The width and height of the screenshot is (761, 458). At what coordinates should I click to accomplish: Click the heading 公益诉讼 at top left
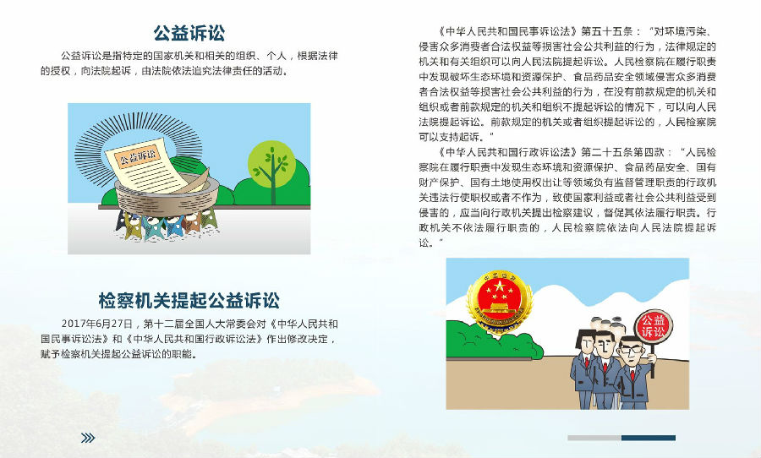[x=189, y=33]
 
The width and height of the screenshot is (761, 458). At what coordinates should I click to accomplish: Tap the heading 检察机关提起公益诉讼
[x=189, y=301]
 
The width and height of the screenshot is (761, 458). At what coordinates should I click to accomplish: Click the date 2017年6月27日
[x=97, y=324]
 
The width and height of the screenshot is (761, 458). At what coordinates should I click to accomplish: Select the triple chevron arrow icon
[x=88, y=438]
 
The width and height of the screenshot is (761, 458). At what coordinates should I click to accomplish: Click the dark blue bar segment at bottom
[x=649, y=438]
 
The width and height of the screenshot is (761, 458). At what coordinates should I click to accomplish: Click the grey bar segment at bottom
[x=594, y=438]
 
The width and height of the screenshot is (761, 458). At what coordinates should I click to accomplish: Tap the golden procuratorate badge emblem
[x=498, y=302]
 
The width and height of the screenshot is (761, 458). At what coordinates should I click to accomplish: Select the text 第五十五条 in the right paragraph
[x=606, y=31]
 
